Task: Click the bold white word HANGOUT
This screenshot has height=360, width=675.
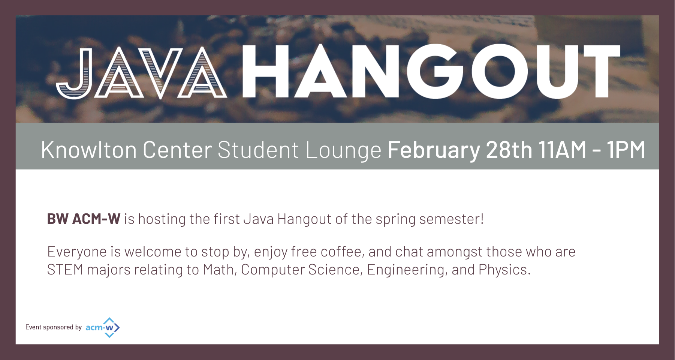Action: coord(431,72)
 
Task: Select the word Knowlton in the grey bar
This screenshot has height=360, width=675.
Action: coord(89,150)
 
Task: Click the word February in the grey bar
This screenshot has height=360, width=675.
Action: coord(434,150)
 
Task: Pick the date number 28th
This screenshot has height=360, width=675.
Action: coord(509,150)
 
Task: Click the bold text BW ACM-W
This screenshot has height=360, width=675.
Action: coord(84,219)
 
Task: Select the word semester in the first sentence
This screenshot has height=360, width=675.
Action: coord(449,219)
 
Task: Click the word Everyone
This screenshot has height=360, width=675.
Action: coord(77,252)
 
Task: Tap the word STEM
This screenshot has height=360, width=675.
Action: coord(65,270)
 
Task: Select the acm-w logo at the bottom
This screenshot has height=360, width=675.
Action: coord(103,327)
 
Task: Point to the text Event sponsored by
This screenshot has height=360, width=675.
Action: coord(53,327)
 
